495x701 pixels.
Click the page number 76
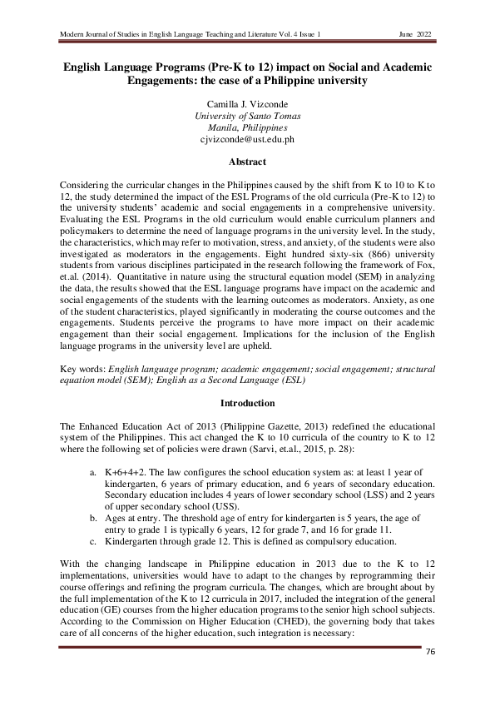tap(430, 649)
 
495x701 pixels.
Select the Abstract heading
tap(247, 162)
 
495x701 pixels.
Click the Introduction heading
tap(247, 403)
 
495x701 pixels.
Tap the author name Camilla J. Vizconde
tap(247, 104)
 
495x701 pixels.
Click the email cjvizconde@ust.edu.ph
tap(247, 140)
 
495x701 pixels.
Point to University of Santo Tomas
tap(247, 116)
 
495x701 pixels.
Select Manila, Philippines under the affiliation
tap(247, 128)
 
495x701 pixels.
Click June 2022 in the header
tap(418, 34)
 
